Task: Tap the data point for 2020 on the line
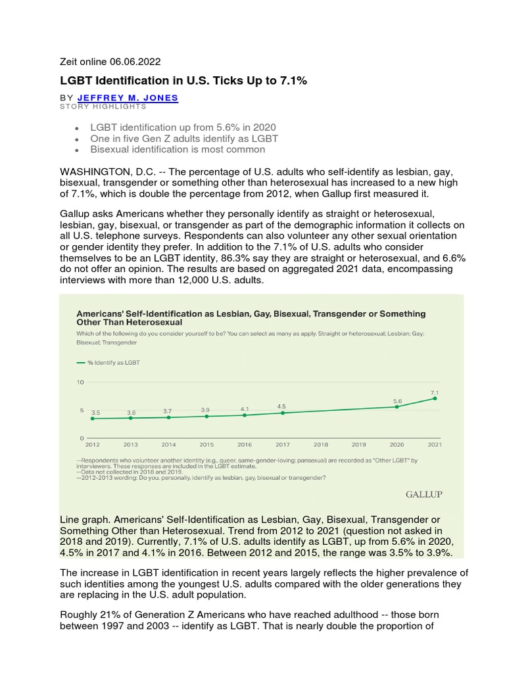[x=397, y=407]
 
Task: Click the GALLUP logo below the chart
[x=424, y=494]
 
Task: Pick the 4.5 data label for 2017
[x=282, y=406]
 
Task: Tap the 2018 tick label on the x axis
[x=321, y=444]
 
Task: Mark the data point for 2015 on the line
[x=206, y=416]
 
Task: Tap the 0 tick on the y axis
[x=82, y=438]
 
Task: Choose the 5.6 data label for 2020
[x=397, y=400]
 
